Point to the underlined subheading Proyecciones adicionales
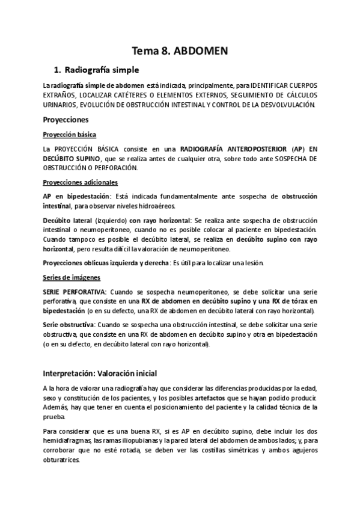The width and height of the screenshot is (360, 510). tap(81, 182)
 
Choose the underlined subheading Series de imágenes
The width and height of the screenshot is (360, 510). tap(72, 277)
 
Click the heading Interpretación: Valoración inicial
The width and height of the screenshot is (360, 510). tap(100, 373)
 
